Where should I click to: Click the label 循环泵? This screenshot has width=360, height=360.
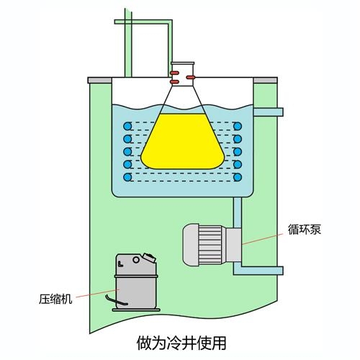(305, 229)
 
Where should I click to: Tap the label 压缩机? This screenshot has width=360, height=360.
(55, 299)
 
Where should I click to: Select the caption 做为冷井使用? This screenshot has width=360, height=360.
(181, 343)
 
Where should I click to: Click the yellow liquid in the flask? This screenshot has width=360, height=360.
(182, 142)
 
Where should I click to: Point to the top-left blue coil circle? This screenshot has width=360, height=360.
(127, 126)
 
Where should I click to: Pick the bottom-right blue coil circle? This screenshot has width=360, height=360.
(238, 177)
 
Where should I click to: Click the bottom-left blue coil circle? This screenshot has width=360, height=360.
(127, 177)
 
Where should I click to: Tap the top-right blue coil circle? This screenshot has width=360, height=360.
(238, 126)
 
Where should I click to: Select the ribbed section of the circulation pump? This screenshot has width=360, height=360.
(210, 245)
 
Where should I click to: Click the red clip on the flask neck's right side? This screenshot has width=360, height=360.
(191, 77)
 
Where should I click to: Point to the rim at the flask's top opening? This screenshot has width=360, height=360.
(183, 63)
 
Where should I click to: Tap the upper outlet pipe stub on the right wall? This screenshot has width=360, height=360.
(269, 112)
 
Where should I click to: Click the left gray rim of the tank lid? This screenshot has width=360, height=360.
(100, 80)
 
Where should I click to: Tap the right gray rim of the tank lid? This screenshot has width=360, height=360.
(265, 80)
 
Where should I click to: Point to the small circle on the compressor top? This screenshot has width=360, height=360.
(136, 260)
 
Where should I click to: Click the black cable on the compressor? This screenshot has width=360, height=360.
(115, 300)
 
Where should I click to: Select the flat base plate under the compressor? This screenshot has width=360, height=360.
(136, 310)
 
